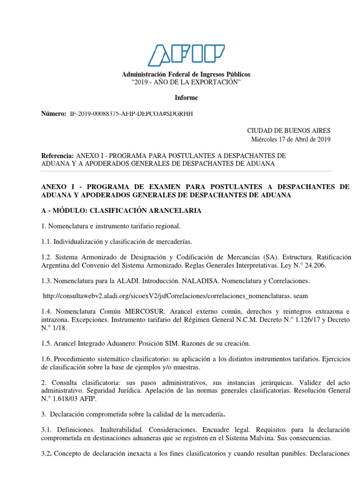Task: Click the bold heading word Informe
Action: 186,97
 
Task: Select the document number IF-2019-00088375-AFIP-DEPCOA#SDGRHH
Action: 131,113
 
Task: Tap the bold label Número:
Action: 54,113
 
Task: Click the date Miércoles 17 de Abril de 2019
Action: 291,139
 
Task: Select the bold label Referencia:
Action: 58,155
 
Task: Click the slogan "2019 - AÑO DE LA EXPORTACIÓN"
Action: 186,82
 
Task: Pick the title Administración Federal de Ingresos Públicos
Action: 186,75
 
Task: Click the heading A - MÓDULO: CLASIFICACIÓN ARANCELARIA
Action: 121,210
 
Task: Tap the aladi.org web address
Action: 175,296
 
